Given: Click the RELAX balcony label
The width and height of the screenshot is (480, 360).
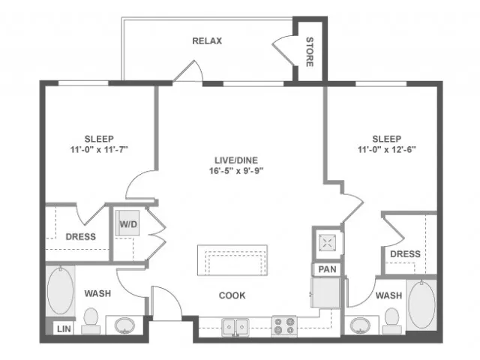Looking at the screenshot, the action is coord(207,41).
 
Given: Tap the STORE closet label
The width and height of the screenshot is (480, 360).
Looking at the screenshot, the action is coord(310,52).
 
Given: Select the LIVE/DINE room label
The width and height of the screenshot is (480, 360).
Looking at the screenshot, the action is coord(236,160).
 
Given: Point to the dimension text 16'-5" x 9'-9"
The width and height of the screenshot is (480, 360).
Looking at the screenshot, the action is coord(236,171).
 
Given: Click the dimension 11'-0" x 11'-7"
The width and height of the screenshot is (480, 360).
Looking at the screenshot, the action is coord(99,150).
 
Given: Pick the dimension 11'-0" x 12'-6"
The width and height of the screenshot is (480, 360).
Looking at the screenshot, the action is coord(387,150).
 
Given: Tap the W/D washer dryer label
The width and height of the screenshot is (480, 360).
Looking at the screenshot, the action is coord(128,224).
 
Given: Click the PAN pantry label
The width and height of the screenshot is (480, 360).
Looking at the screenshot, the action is coord(327,269).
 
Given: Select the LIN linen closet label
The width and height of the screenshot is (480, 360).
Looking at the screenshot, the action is coord(64,329).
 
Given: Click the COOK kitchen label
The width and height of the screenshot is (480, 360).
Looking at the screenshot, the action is coord(232,295).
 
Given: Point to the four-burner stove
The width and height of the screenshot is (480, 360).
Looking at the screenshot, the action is coord(284,326).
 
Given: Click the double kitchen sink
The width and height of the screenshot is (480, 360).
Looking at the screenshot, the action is coord(235,327).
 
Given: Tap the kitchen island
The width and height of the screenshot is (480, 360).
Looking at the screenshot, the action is coord(232,260).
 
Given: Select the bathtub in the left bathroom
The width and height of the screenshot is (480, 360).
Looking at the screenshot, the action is coord(61,290).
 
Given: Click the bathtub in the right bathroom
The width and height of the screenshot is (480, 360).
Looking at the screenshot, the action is coord(421,304).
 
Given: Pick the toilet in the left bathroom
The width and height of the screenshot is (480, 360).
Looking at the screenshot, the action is coord(91,321).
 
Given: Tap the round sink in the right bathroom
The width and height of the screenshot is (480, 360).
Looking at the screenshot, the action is coord(360,325).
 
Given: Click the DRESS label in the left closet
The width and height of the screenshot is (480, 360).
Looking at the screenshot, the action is coord(81,237).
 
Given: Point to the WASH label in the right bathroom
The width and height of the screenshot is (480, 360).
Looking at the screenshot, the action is coord(388,295).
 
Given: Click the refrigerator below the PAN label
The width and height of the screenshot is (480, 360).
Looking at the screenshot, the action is coord(325,292).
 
